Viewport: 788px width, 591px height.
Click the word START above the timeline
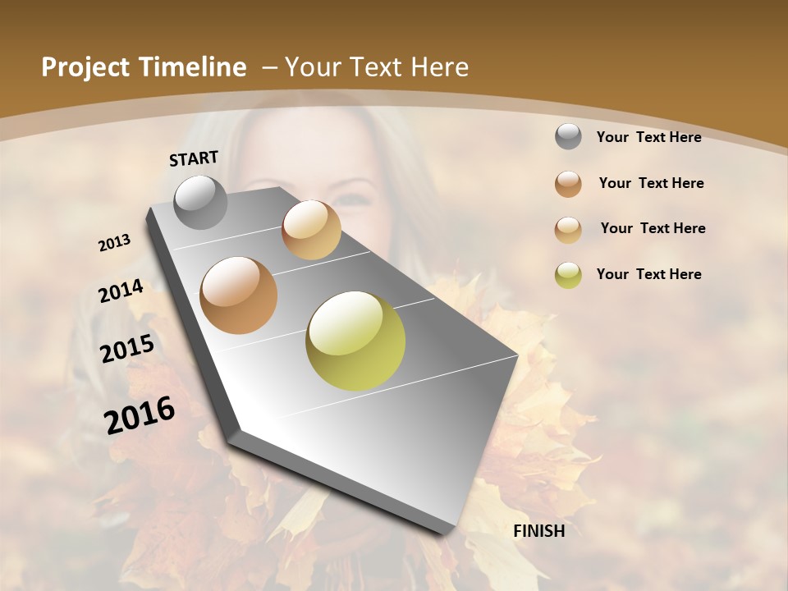point(194,158)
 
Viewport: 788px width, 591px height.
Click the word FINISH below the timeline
point(538,531)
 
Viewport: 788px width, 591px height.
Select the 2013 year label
point(114,242)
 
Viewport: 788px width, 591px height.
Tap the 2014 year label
point(121,291)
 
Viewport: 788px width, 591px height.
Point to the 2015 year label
point(126,349)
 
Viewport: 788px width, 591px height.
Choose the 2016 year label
point(140,415)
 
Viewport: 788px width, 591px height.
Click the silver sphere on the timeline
point(200,202)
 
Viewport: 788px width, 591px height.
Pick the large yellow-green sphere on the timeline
point(355,341)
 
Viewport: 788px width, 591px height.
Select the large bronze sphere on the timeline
point(238,295)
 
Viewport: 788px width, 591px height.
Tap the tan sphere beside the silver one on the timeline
point(311,229)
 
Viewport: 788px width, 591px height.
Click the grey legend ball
point(568,137)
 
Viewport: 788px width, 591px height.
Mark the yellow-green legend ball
point(568,275)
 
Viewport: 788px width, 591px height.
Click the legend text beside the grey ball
point(648,137)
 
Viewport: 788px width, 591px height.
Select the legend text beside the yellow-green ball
point(648,274)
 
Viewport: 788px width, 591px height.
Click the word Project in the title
point(85,67)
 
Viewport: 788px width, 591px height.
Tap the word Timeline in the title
point(193,67)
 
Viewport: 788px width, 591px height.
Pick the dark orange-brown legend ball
point(568,184)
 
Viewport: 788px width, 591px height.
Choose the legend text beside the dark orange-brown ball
point(651,183)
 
